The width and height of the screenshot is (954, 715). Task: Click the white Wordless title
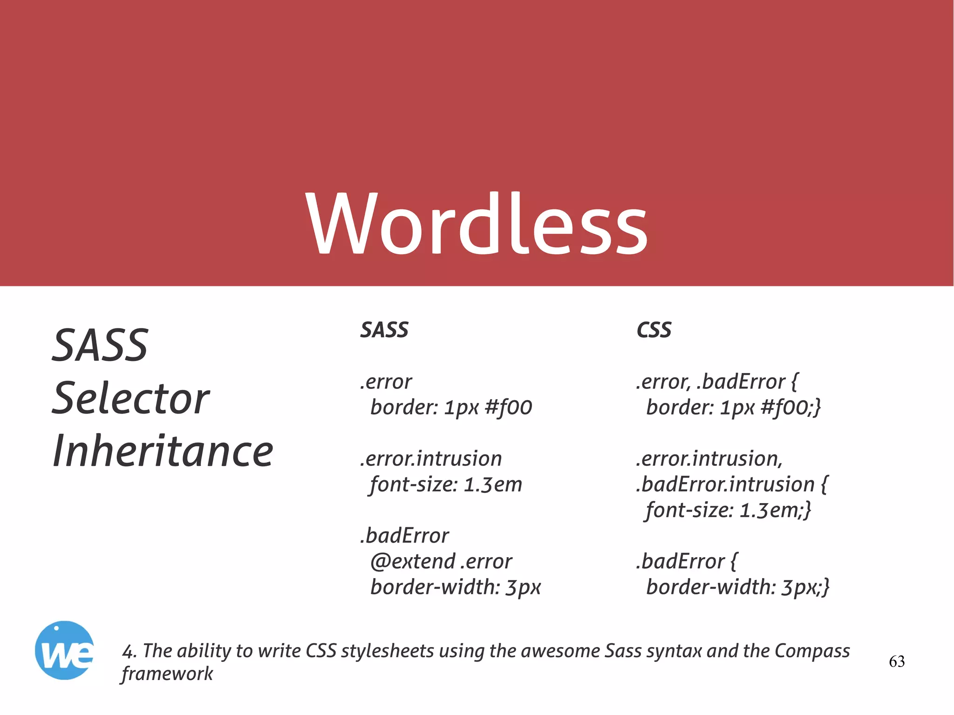click(477, 224)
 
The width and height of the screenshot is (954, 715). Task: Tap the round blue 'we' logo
click(64, 650)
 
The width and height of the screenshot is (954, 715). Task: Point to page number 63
click(897, 661)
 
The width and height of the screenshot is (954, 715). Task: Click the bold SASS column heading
click(384, 330)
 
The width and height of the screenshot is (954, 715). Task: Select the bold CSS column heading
click(654, 330)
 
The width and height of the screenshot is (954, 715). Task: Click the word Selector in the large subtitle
click(131, 399)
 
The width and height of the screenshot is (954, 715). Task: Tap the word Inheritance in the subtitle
click(163, 451)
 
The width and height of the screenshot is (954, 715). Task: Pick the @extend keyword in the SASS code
click(413, 561)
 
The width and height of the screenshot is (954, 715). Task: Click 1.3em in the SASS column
click(493, 484)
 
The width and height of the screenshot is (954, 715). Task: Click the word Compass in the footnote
click(812, 651)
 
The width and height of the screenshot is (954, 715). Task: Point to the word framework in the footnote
click(167, 674)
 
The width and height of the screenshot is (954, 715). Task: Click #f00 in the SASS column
click(508, 408)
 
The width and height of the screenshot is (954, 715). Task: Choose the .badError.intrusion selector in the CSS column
click(725, 484)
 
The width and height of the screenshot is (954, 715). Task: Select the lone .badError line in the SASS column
click(404, 536)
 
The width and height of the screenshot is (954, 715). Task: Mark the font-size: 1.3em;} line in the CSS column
click(728, 510)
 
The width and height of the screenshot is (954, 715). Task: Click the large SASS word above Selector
click(100, 345)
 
